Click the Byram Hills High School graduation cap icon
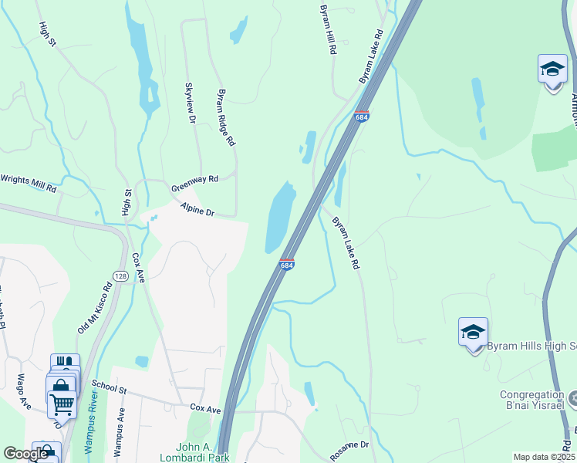(473, 332)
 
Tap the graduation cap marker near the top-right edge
(552, 69)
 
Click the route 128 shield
(120, 275)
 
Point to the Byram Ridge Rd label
(226, 117)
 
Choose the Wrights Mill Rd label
(28, 182)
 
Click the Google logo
(25, 455)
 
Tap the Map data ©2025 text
(545, 457)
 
